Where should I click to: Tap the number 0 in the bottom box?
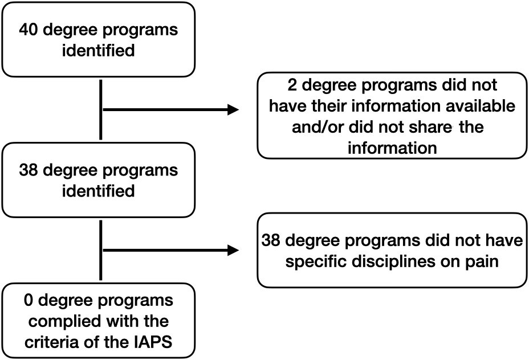(x=29, y=300)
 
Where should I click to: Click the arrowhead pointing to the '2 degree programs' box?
(x=234, y=109)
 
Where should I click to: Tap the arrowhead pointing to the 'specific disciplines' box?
(x=234, y=251)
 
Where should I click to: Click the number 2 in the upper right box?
(x=292, y=85)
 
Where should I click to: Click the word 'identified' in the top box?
(x=99, y=51)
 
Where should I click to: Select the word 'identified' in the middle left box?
(x=99, y=191)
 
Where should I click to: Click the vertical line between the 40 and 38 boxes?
(x=100, y=109)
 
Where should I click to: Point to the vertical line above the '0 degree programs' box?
(x=100, y=250)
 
